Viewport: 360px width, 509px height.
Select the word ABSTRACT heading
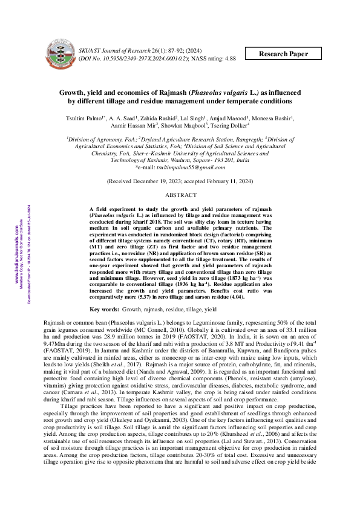(181, 178)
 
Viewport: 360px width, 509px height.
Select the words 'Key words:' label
(104, 309)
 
